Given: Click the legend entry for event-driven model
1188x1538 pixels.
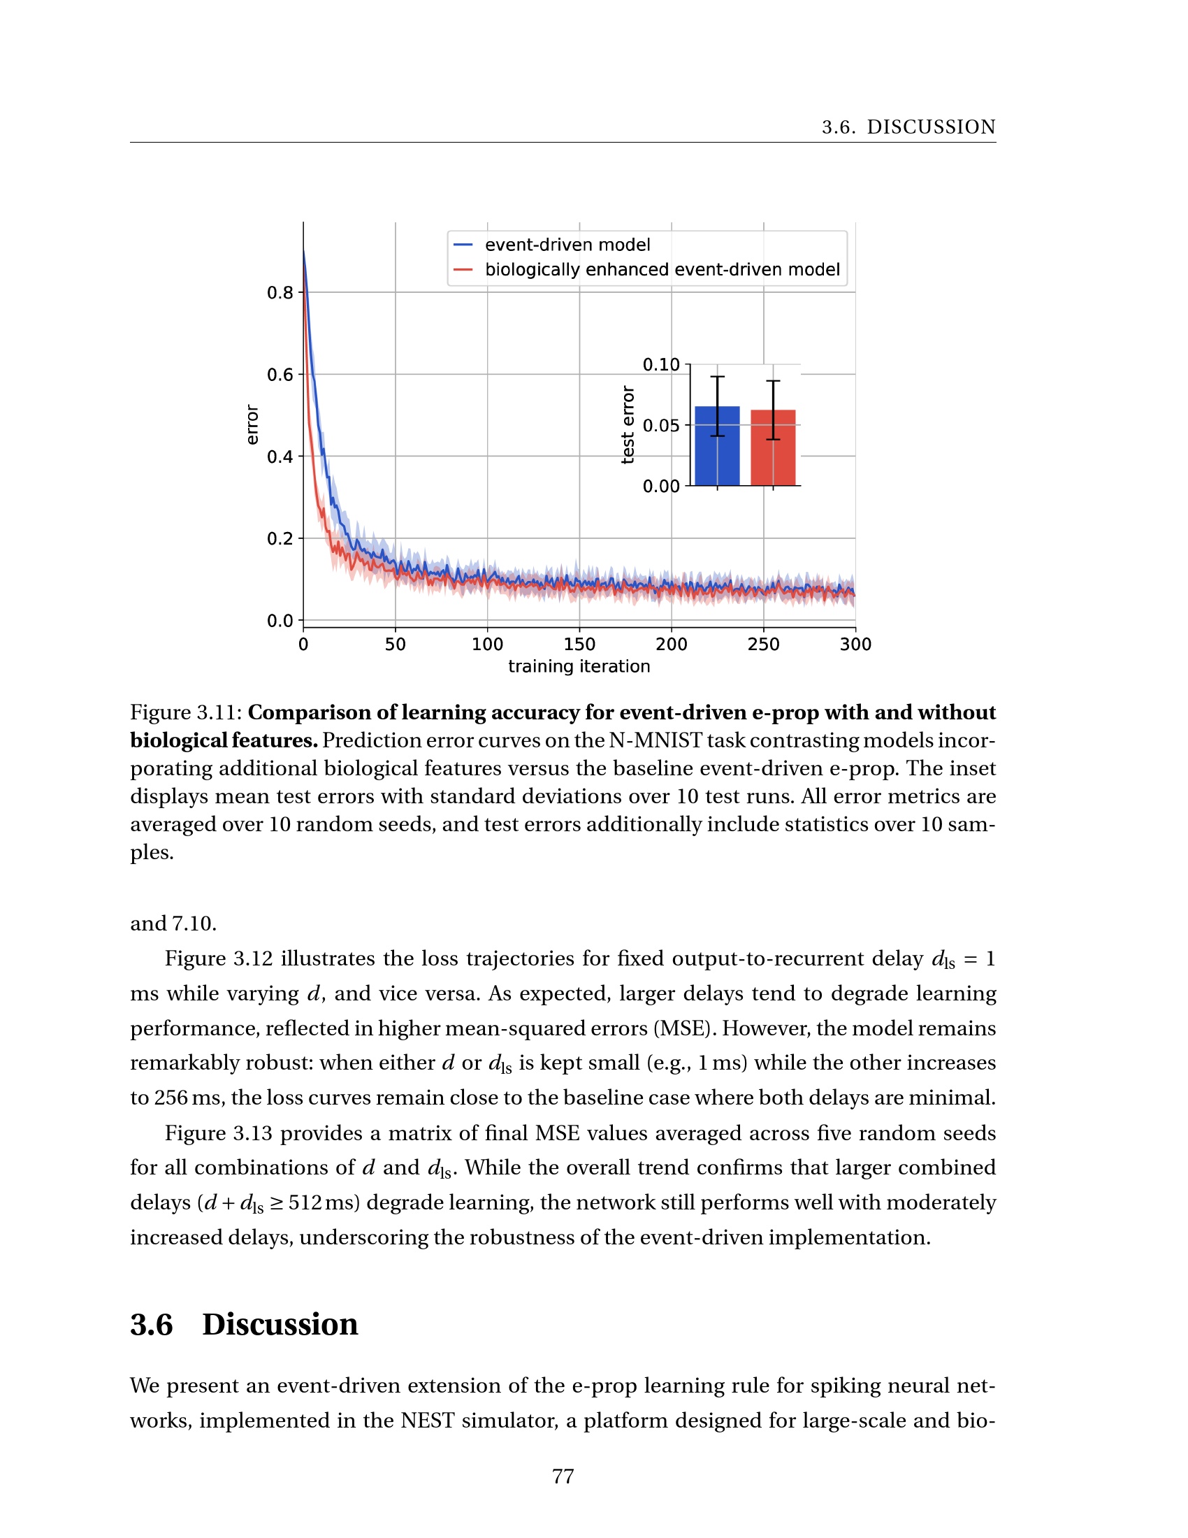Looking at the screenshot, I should point(567,245).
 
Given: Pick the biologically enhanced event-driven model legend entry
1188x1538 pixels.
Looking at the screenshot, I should point(662,269).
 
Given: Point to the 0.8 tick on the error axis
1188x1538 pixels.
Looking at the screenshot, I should point(280,292).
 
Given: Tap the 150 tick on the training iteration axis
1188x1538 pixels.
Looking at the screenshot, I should point(579,644).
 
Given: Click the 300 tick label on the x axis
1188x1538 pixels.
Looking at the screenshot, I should point(855,644).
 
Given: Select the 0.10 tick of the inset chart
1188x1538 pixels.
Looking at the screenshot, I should point(661,364).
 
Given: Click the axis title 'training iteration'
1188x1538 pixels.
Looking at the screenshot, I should point(579,666).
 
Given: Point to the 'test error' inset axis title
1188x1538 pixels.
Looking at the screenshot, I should point(628,424).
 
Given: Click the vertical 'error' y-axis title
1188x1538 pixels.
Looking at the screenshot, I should point(252,424).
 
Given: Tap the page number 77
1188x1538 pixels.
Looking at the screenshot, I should point(563,1476).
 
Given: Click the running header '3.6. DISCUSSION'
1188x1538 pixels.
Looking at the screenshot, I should point(908,127).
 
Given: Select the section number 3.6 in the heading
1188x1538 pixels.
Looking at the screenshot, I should point(152,1325).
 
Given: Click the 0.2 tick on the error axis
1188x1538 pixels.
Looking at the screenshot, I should point(280,538).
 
